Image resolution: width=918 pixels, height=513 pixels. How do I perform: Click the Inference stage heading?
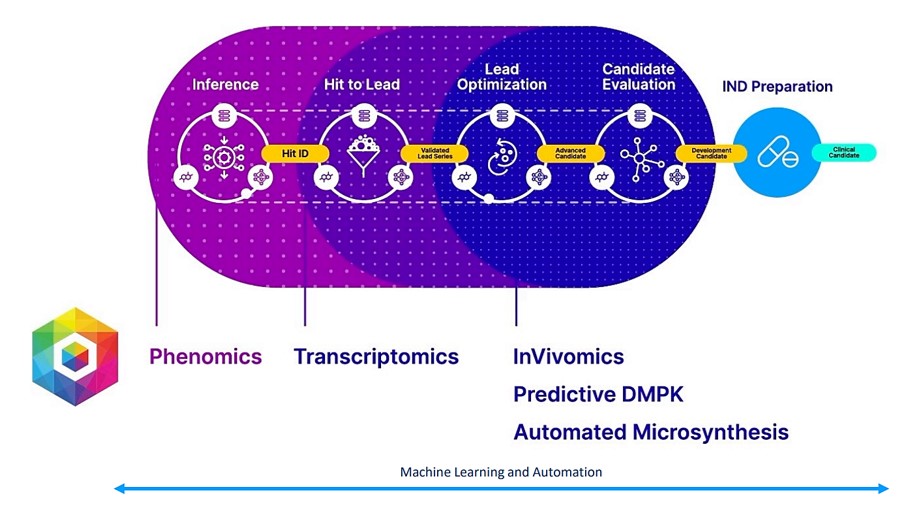225,85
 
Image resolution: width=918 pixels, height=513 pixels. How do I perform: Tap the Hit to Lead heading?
362,85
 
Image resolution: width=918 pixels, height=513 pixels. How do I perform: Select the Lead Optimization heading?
501,77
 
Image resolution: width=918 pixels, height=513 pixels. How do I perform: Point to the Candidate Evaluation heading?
638,77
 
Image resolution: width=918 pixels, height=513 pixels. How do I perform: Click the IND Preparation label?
777,87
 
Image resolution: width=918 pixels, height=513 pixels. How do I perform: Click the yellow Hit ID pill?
295,153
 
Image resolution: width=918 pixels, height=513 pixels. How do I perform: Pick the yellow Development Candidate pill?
712,153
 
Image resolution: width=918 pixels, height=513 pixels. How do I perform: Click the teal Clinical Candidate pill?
844,153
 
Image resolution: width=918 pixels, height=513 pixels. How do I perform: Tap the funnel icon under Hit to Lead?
362,155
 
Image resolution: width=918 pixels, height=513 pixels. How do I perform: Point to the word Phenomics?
206,356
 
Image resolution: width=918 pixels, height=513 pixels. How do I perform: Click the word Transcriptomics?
376,356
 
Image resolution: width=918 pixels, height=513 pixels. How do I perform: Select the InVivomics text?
568,356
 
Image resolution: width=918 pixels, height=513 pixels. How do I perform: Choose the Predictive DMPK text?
598,394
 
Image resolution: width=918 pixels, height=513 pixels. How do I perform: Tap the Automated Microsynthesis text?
651,432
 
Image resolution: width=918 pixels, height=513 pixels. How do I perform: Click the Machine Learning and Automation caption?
501,471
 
